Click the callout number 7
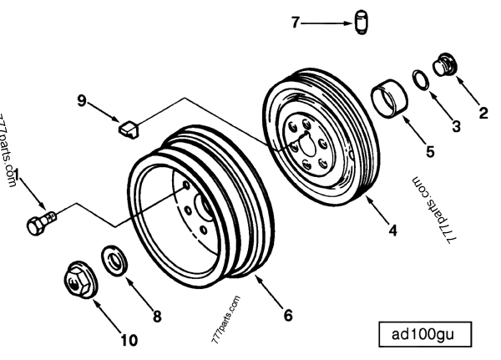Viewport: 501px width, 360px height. pyautogui.click(x=294, y=23)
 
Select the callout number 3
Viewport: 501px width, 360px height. pyautogui.click(x=456, y=127)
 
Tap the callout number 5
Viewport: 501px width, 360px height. pyautogui.click(x=430, y=152)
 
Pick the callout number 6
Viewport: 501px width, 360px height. pyautogui.click(x=288, y=315)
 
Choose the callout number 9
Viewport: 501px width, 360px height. pyautogui.click(x=82, y=100)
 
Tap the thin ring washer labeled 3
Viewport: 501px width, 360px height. pyautogui.click(x=422, y=81)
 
